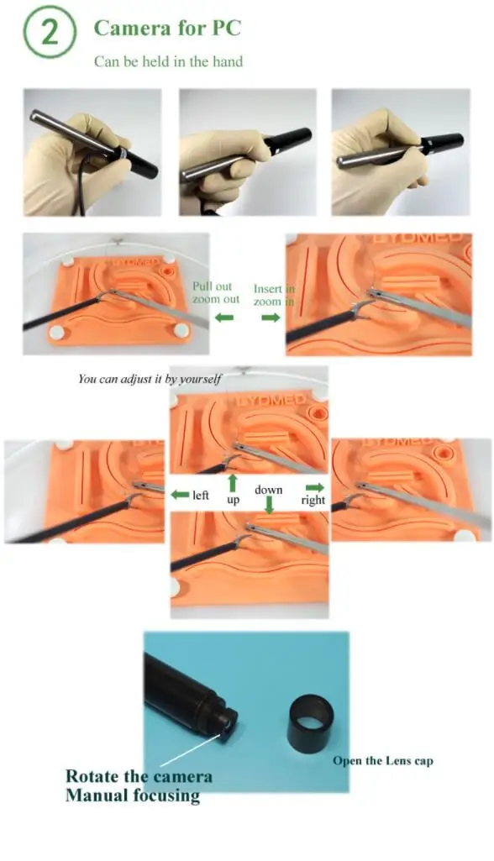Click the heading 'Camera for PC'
point(166,28)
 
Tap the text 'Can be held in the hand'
point(169,61)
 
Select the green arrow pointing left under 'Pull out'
point(223,318)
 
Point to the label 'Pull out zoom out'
point(216,292)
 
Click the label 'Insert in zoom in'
point(274,294)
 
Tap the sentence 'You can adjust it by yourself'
point(150,379)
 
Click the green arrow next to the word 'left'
point(179,495)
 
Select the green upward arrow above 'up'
point(233,483)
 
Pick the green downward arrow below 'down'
point(269,504)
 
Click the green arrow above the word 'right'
point(314,487)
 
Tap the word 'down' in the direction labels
point(269,489)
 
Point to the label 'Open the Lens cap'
point(382,761)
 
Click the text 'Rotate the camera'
point(139,776)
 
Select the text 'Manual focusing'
point(133,795)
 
